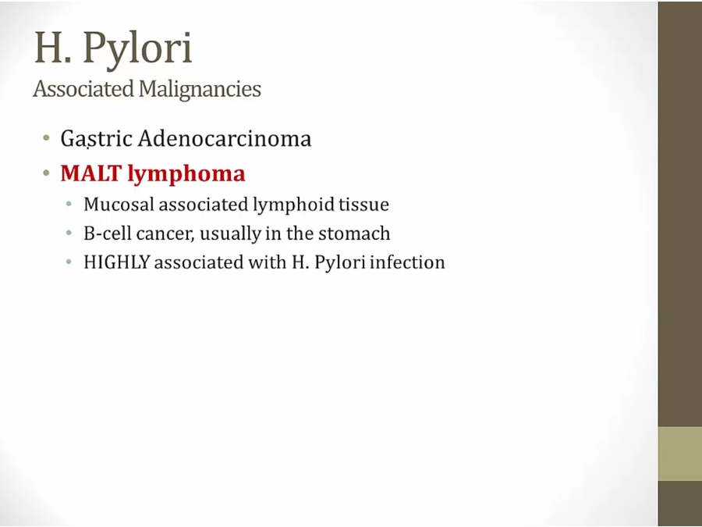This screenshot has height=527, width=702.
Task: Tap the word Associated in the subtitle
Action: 83,89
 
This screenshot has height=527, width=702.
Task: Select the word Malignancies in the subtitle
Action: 200,90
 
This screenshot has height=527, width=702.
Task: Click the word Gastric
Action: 96,139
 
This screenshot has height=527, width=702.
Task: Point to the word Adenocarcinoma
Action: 225,138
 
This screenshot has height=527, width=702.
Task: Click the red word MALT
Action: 91,173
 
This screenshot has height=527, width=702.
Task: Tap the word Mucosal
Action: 119,205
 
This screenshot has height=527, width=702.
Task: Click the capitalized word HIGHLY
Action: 116,262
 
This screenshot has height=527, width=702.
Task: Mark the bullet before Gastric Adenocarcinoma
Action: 46,138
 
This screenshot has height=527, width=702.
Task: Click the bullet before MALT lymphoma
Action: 46,173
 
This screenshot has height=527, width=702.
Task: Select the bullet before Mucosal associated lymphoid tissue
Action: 69,205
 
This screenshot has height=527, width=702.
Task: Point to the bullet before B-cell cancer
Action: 69,233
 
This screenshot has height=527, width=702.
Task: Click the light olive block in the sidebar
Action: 679,454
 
